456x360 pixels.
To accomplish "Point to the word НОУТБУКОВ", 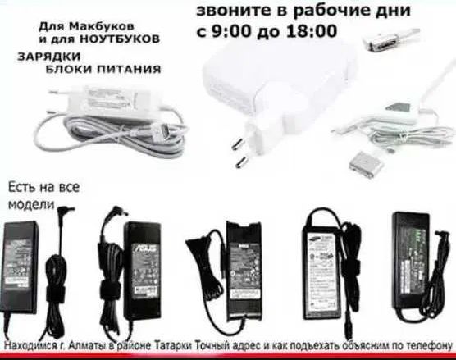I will click(x=125, y=39).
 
